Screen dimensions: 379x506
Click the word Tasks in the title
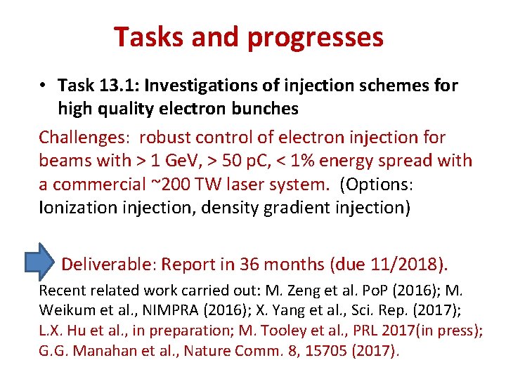pos(146,37)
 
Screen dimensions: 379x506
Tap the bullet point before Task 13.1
pos(44,86)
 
